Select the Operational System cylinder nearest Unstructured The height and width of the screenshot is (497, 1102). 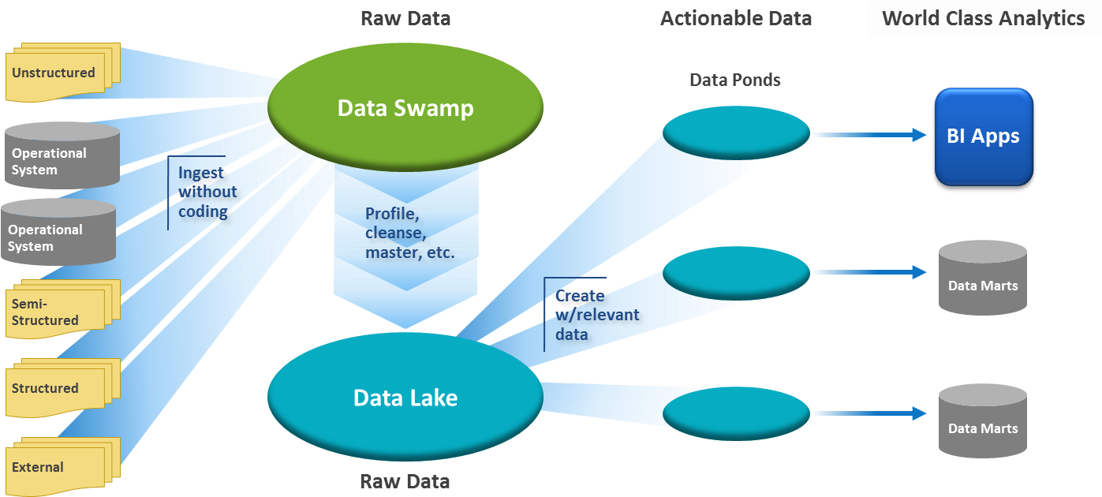[62, 156]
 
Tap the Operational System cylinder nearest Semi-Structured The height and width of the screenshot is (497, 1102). [58, 233]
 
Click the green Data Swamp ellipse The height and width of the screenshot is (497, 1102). [405, 107]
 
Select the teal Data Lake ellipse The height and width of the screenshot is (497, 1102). [405, 397]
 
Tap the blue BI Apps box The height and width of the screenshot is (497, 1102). [983, 136]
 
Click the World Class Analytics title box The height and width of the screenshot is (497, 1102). [983, 19]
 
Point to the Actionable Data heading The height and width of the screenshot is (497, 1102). [735, 19]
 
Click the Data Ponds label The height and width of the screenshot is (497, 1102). [734, 80]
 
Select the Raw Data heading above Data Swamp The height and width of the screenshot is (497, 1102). [405, 19]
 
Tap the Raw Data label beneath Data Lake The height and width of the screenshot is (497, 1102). [405, 480]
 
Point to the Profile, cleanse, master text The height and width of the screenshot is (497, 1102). [409, 233]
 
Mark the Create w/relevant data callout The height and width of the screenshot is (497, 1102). [596, 315]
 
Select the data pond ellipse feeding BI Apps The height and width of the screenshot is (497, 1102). [735, 133]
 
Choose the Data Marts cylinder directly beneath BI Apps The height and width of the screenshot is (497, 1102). [982, 278]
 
